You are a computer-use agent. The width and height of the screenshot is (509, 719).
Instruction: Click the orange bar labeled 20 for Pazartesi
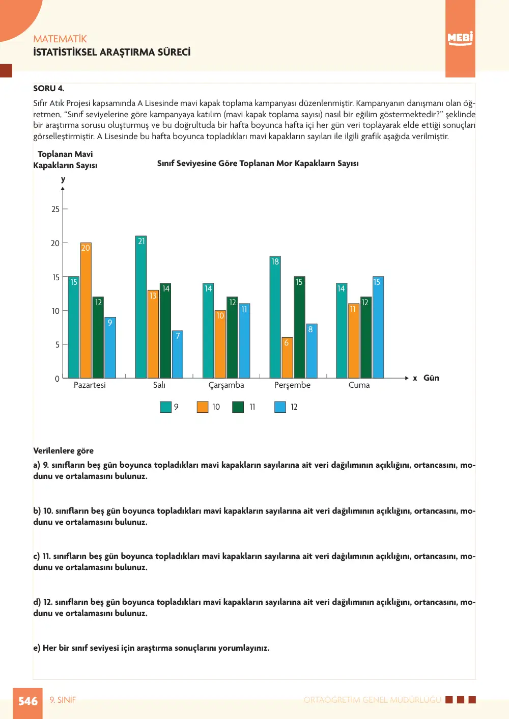point(86,310)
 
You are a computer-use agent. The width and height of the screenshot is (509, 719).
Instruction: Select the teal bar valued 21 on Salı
point(141,307)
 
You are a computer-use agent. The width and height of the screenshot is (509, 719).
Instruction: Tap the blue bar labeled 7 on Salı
point(178,354)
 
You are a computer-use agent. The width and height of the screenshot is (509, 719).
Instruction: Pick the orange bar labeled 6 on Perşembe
point(287,358)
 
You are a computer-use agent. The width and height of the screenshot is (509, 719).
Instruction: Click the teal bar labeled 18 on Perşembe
point(275,317)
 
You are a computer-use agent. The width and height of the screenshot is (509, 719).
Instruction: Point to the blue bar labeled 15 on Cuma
point(378,328)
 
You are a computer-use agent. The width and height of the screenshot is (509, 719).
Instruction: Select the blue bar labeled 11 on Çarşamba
point(244,341)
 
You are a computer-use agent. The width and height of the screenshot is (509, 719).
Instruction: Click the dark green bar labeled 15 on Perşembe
point(299,328)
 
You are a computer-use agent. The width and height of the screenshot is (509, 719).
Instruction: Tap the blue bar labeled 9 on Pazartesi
point(110,348)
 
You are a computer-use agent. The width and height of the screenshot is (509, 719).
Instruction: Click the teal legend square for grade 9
point(165,407)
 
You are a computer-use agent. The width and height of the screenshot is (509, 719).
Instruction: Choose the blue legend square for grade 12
point(280,407)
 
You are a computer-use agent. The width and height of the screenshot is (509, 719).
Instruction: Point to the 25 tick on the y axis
point(55,209)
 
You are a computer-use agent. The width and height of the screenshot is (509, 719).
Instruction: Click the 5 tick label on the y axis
point(58,345)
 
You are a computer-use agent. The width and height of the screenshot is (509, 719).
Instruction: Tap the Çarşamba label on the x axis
point(227,385)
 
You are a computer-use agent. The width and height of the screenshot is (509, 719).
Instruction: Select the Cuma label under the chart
point(359,385)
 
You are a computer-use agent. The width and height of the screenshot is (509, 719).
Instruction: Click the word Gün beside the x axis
point(431,378)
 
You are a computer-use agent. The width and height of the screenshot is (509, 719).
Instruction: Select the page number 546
point(28,701)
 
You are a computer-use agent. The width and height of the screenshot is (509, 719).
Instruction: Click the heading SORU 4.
point(49,88)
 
